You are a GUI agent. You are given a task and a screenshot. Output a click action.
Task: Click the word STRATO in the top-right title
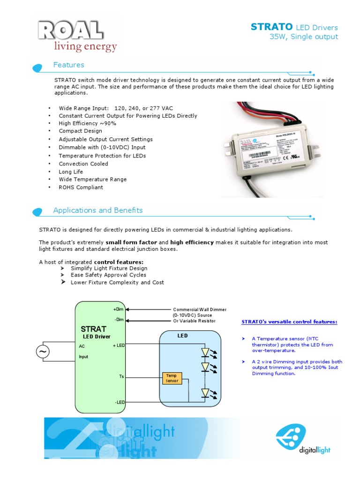point(272,27)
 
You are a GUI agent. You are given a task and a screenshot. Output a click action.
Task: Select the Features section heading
point(68,65)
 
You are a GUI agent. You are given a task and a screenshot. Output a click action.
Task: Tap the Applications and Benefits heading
point(98,210)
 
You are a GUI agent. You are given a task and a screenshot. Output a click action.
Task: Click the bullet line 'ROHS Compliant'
point(81,187)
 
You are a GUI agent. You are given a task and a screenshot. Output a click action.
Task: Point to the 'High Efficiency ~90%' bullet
point(87,123)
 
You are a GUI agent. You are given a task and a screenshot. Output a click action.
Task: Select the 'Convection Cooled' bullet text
point(83,164)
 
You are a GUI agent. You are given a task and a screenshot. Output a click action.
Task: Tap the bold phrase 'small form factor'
point(131,242)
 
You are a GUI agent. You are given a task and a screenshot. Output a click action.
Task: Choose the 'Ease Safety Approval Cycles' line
point(108,275)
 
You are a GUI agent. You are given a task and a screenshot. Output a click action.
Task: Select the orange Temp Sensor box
point(172,378)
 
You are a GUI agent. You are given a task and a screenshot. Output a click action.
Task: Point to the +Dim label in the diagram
point(118,309)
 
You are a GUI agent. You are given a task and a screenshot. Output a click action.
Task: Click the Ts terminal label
point(121,376)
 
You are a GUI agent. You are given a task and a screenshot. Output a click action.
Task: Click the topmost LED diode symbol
point(205,352)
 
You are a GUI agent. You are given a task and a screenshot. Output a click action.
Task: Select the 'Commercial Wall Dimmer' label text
point(200,310)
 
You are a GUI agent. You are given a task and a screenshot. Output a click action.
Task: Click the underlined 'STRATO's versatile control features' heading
point(289,322)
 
